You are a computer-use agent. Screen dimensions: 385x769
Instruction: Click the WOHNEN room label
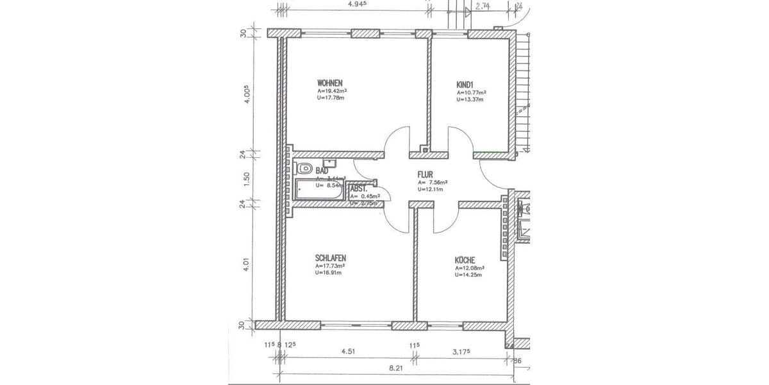330,83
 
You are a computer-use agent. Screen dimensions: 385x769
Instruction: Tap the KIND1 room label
465,84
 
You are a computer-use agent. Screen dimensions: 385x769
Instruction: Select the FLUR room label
426,174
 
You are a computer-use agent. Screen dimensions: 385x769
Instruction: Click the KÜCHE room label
465,260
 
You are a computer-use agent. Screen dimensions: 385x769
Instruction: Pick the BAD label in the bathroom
322,171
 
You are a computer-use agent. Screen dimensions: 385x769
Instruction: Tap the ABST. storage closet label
358,189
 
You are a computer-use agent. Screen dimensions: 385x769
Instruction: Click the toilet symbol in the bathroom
303,169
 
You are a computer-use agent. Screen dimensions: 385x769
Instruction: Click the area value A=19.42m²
332,92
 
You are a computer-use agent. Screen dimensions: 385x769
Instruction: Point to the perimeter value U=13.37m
470,99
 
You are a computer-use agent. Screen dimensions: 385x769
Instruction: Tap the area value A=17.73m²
331,266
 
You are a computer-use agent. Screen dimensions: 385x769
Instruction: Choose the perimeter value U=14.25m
468,275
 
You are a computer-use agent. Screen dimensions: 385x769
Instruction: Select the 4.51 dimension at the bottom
348,352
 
